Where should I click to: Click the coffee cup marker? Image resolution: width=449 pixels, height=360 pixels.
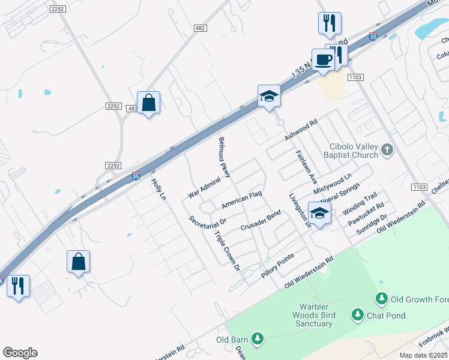(x=323, y=60)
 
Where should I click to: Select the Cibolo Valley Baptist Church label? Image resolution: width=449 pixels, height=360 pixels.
(x=354, y=151)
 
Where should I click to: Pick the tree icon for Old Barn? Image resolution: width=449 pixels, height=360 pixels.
(x=258, y=340)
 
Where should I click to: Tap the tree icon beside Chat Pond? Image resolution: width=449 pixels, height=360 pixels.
(x=358, y=314)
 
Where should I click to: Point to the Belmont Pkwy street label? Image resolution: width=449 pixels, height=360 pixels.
(x=225, y=157)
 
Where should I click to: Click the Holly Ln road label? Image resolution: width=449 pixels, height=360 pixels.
(x=158, y=189)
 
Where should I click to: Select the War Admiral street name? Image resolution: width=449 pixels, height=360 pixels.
(x=204, y=190)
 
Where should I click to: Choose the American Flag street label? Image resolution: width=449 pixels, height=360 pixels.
(x=242, y=200)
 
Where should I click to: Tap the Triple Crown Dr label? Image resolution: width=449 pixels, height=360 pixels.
(x=227, y=249)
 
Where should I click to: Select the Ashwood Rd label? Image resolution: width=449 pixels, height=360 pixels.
(x=300, y=128)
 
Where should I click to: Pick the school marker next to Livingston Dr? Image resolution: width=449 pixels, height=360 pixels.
(x=320, y=213)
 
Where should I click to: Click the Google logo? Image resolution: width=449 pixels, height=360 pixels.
(x=20, y=353)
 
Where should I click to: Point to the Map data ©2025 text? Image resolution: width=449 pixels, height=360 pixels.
(x=423, y=355)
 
